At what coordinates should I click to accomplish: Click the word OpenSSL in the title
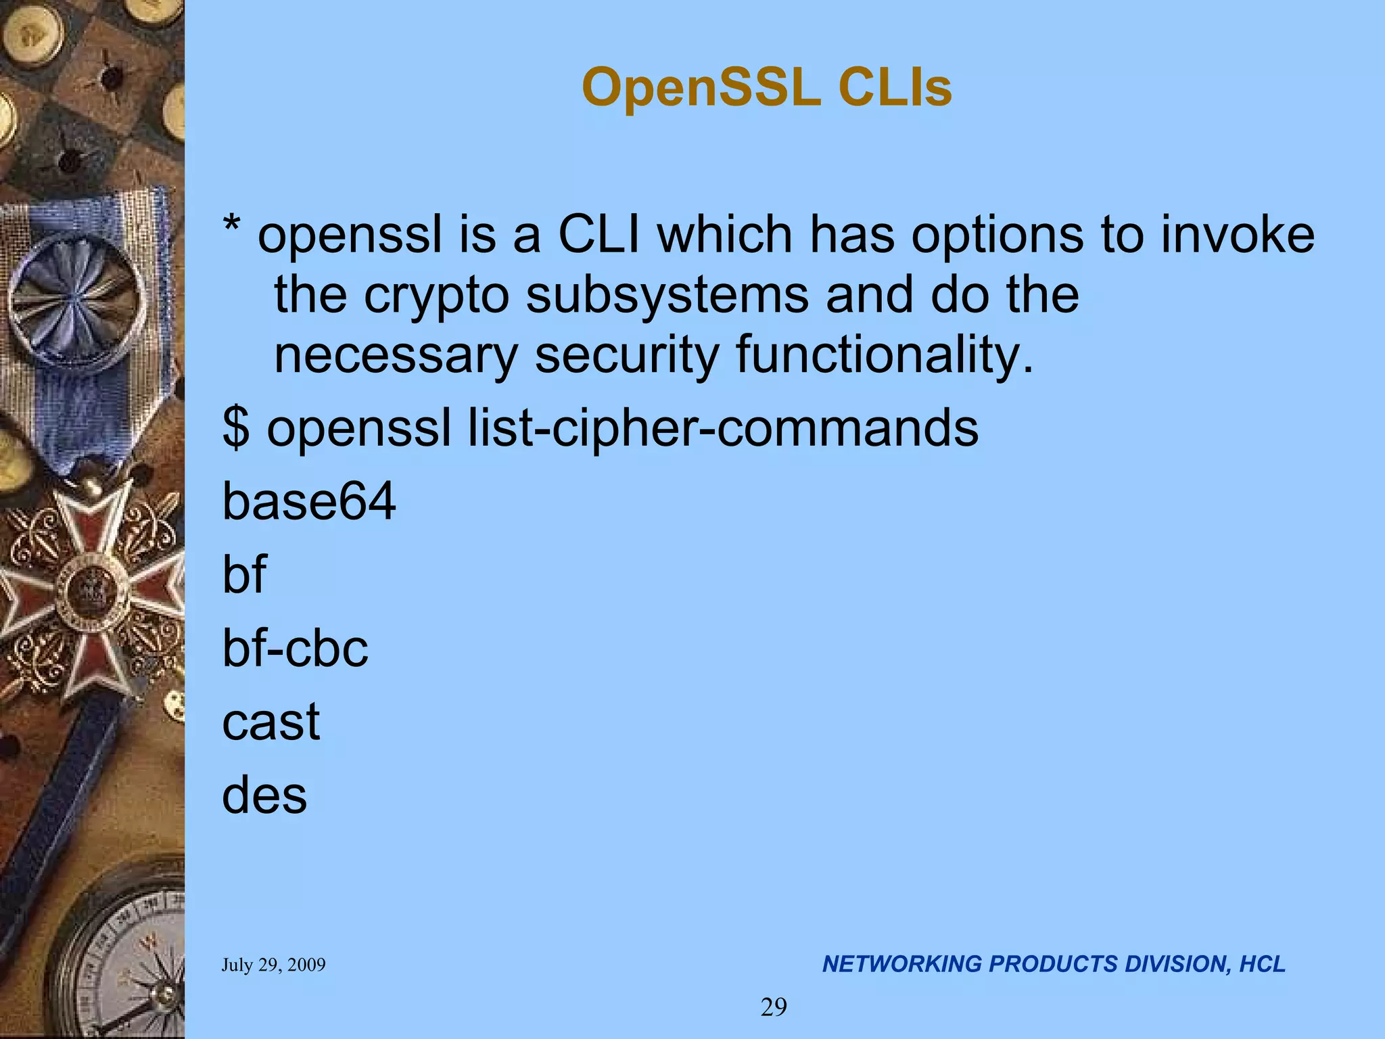pos(701,89)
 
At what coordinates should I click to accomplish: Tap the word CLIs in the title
pos(895,89)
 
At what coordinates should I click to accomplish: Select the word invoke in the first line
pos(1238,235)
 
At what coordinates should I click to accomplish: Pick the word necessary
pos(396,356)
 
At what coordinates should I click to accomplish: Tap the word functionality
pos(885,356)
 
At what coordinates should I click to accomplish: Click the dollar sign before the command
pos(235,429)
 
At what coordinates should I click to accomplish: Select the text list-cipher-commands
pos(723,429)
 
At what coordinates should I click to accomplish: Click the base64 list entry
pos(309,502)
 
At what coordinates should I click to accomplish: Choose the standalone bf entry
pos(244,574)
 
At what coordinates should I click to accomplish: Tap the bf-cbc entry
pos(295,648)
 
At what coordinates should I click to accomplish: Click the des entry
pos(264,795)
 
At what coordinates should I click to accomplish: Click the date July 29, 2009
pos(273,965)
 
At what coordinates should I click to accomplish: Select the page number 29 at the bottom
pos(774,1008)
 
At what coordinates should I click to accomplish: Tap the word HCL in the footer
pos(1262,964)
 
